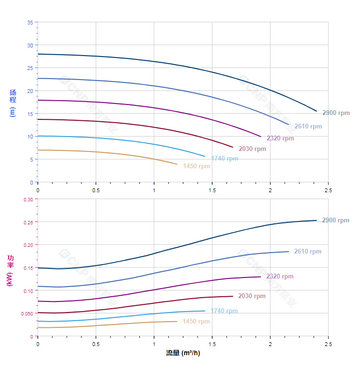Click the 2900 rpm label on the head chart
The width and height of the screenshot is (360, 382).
click(x=336, y=113)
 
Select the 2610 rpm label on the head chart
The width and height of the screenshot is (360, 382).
click(x=308, y=127)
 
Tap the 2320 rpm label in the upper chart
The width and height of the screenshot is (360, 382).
click(x=280, y=139)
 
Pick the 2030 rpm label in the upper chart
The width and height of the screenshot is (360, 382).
click(x=252, y=149)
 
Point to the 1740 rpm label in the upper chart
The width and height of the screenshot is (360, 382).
click(x=225, y=159)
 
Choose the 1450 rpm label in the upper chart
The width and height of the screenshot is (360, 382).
click(x=196, y=166)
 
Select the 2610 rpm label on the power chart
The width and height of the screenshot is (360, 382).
click(x=307, y=252)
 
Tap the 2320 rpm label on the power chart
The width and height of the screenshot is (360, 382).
click(x=280, y=277)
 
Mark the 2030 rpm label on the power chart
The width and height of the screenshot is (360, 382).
click(x=252, y=296)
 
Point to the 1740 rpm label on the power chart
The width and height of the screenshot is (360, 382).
click(x=224, y=311)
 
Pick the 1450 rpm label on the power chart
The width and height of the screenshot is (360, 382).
click(x=196, y=322)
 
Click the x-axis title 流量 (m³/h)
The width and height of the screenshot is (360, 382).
click(x=183, y=353)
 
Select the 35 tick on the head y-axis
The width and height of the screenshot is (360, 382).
click(x=30, y=23)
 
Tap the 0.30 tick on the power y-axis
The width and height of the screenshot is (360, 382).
click(x=28, y=199)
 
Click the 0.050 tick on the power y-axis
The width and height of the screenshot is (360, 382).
click(x=27, y=313)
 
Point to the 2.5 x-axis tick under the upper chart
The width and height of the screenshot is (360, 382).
click(x=328, y=190)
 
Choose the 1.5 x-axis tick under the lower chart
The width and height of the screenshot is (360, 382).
click(x=212, y=344)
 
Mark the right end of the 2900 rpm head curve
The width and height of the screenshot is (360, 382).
click(x=316, y=111)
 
